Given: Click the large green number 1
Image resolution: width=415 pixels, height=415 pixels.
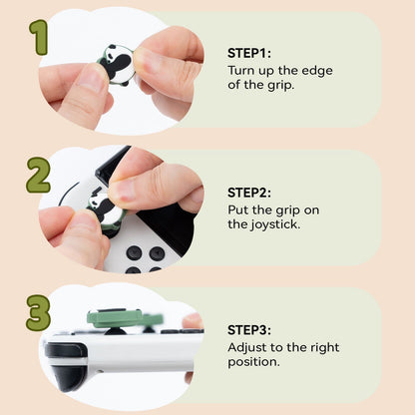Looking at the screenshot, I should point(39,37).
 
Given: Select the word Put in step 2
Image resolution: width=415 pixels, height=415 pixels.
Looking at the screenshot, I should point(239,208).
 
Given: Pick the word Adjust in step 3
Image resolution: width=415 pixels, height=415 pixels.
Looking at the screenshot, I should point(248,346).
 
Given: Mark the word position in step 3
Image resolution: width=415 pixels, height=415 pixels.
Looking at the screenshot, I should point(255,361).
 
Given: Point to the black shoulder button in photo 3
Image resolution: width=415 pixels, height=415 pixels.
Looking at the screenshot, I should point(65,352).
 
